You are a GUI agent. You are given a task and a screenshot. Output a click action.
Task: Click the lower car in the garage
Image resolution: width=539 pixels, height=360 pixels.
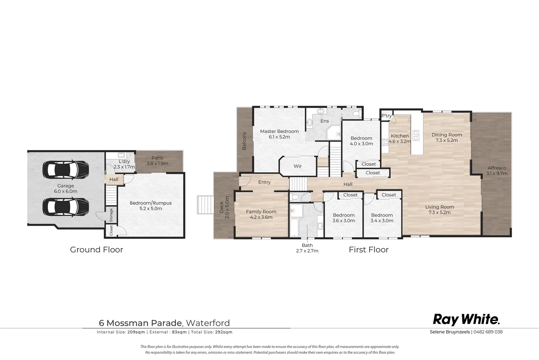(66, 207)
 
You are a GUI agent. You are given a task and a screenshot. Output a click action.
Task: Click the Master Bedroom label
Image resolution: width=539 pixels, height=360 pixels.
(279, 131)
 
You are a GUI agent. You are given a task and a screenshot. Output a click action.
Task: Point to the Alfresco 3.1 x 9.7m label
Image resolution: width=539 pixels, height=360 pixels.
(497, 171)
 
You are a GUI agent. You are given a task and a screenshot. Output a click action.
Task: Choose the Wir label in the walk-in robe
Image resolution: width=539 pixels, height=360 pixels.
(298, 166)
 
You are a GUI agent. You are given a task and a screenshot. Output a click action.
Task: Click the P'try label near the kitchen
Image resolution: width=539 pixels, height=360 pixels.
(386, 116)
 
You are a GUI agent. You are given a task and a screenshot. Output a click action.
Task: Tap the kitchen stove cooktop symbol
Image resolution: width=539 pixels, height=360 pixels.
(385, 142)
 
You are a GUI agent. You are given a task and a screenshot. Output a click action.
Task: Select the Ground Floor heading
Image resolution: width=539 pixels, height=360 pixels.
(97, 250)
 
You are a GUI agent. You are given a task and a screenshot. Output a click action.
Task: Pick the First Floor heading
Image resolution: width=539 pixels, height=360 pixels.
(369, 250)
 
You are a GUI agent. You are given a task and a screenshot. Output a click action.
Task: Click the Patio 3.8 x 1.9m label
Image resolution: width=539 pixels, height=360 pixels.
(158, 161)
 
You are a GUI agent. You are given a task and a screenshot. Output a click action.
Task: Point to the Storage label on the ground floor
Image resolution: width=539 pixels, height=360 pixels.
(111, 215)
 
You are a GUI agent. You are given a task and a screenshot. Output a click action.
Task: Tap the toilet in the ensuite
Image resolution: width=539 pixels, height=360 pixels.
(356, 113)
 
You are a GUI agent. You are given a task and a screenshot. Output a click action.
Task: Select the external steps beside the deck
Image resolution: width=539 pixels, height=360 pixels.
(205, 205)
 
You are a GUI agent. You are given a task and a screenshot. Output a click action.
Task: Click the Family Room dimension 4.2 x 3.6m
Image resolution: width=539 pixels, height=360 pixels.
(261, 217)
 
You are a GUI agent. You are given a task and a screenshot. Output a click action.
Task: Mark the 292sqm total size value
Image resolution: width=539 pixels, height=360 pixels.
(224, 332)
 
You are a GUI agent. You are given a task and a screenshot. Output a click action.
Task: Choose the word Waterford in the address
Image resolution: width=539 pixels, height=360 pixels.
(208, 323)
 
